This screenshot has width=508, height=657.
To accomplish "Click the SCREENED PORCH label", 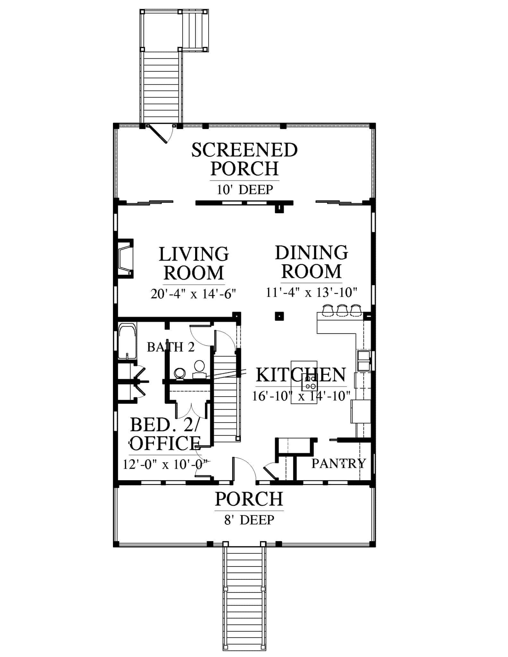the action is tap(245, 159).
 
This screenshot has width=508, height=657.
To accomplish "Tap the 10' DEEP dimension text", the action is tap(245, 190).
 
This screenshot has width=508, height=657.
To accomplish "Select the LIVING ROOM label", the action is tap(194, 263).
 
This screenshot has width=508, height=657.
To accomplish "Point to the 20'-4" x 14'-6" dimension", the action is tap(194, 294).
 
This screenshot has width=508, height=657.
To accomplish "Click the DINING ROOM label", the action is tap(312, 262).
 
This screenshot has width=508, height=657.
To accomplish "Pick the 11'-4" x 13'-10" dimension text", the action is tap(312, 292).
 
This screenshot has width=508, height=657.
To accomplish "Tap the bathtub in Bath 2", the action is tap(127, 341).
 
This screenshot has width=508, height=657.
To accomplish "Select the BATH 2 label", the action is tap(171, 347).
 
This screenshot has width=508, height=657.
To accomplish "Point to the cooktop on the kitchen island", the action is tap(310, 382).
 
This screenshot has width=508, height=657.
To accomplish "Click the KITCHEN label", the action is tap(301, 375).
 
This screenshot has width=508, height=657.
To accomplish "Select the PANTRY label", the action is tap(339, 463).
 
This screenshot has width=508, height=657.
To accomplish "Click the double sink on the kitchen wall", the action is tap(364, 361).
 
